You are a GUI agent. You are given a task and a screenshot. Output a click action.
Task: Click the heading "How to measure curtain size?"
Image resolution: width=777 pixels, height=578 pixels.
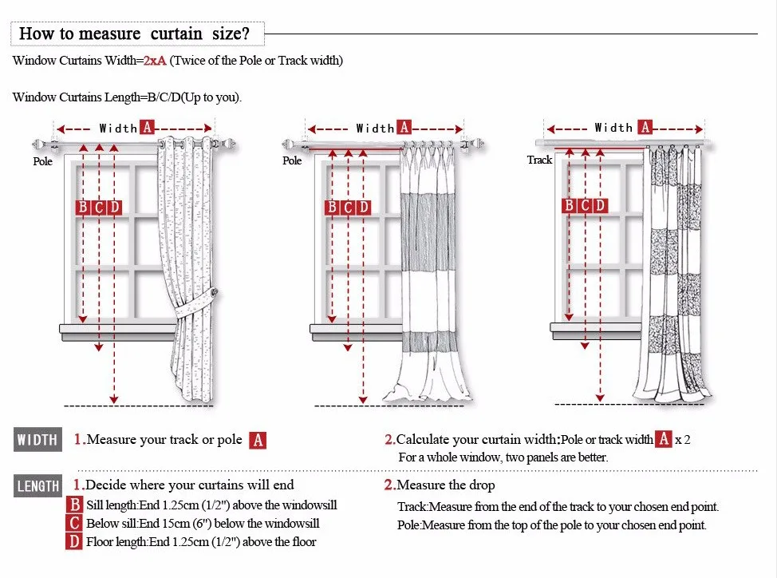click(134, 34)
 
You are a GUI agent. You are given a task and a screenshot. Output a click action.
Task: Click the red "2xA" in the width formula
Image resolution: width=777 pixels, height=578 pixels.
click(155, 61)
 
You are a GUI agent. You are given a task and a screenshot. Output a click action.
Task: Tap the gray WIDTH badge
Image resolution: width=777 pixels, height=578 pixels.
click(37, 440)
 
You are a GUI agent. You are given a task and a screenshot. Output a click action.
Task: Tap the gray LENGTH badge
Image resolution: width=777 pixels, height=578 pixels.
click(37, 486)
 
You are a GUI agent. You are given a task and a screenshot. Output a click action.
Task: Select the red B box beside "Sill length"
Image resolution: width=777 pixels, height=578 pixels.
click(74, 505)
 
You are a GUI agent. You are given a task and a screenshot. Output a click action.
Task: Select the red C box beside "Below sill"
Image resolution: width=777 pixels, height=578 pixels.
click(74, 524)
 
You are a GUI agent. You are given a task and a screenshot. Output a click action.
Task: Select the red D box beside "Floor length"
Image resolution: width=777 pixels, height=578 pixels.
click(74, 542)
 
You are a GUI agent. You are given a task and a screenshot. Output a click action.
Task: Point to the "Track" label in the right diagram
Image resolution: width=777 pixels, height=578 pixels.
click(539, 160)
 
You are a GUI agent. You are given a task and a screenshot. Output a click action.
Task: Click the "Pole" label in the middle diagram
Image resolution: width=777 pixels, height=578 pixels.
click(292, 160)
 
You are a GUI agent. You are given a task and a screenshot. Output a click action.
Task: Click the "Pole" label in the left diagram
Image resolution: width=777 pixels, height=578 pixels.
click(42, 161)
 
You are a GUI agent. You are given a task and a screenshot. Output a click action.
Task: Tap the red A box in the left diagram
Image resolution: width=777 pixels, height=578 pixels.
click(148, 128)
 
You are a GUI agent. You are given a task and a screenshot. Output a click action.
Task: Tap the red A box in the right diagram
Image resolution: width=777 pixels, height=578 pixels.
click(645, 127)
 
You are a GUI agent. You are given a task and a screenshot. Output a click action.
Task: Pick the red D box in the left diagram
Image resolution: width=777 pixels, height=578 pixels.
click(115, 208)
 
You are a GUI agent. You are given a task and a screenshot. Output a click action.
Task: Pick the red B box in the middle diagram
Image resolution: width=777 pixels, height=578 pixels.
click(333, 208)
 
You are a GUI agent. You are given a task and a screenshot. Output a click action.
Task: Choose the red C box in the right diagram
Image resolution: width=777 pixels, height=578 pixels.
click(585, 206)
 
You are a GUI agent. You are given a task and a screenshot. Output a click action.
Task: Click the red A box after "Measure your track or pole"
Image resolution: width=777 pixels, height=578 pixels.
click(257, 440)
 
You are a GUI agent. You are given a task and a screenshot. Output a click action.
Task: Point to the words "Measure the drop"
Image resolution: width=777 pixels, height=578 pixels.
click(445, 485)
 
